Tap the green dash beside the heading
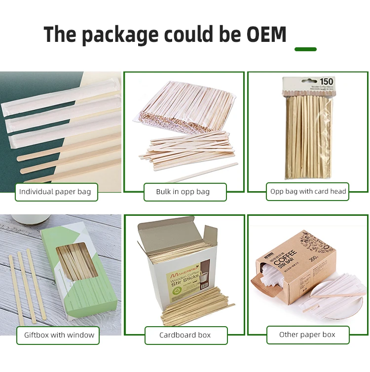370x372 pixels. click(x=305, y=49)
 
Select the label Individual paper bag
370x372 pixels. click(x=55, y=192)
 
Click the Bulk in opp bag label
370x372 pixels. click(x=183, y=192)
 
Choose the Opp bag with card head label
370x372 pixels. click(x=308, y=191)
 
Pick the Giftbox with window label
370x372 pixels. click(x=59, y=335)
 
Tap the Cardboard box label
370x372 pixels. click(x=185, y=335)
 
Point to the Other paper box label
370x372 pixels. click(x=307, y=335)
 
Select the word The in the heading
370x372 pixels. click(x=59, y=34)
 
